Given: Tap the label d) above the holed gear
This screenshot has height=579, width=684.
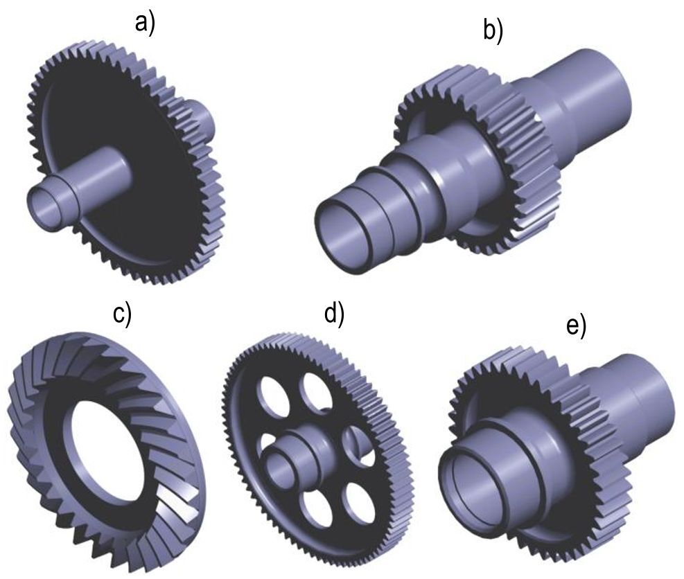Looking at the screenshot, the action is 334,313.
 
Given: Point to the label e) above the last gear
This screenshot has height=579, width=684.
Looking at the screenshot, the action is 577,326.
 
